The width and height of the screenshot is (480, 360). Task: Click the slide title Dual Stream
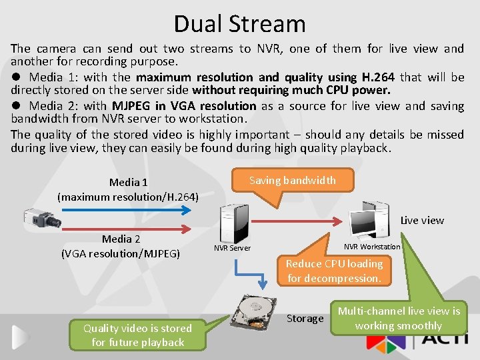point(239,24)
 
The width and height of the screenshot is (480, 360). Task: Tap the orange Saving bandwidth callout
point(292,181)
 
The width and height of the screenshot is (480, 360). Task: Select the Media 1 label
point(129,189)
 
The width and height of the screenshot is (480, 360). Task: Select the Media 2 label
point(121,246)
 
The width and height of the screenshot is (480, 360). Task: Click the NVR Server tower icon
point(234,223)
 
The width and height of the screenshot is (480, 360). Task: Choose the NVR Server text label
point(232,248)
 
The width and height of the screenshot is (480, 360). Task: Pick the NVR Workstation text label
point(372,247)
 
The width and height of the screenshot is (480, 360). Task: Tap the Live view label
point(422,220)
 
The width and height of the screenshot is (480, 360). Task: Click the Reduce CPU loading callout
point(334,271)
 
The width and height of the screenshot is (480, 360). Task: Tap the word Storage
point(305,319)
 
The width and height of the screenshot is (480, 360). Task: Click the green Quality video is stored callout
point(138,335)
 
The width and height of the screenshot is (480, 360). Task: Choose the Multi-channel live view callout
point(399,318)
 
